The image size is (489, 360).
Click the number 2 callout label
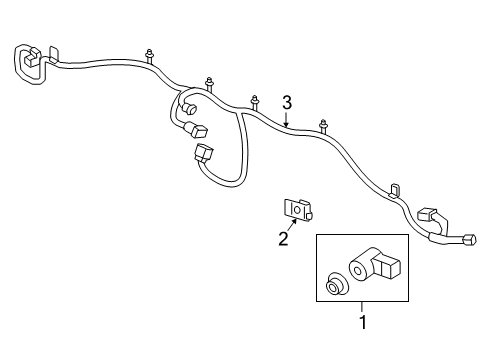283,238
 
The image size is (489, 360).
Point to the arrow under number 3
286,121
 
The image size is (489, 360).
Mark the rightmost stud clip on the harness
324,126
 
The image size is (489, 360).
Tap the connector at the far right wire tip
468,240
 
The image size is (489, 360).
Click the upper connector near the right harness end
428,214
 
